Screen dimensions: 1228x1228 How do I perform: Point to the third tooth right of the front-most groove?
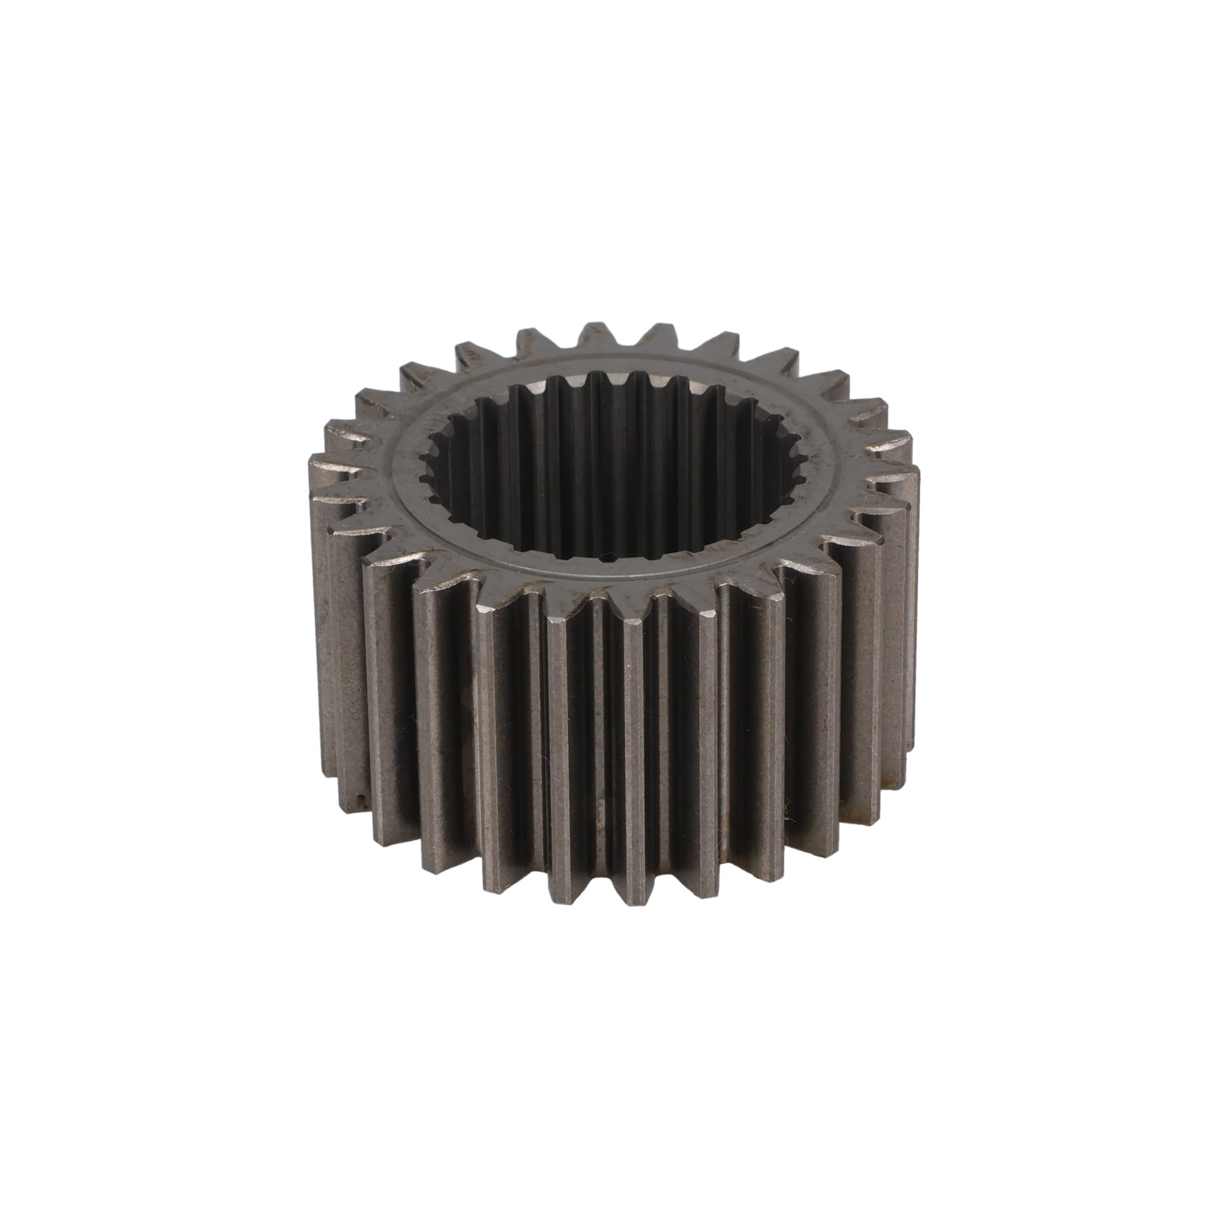pos(788,718)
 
